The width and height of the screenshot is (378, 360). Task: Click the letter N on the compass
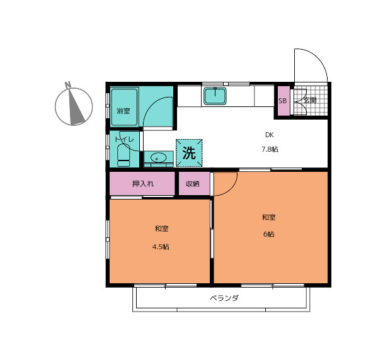tap(68, 85)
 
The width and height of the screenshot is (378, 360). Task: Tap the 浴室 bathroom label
tap(123, 111)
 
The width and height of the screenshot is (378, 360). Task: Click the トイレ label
tap(124, 139)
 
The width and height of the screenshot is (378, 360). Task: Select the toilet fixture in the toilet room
tap(123, 155)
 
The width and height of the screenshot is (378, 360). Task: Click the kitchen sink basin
tap(215, 96)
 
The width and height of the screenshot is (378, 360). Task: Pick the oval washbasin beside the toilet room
tap(158, 158)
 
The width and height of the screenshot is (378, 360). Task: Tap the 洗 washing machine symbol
tap(189, 153)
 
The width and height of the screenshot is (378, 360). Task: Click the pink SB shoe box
tap(283, 101)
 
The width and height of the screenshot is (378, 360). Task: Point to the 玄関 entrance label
tap(309, 100)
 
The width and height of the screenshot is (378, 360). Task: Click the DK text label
tap(270, 135)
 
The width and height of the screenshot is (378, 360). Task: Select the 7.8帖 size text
tap(270, 149)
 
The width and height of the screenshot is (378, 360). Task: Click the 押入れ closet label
tap(143, 184)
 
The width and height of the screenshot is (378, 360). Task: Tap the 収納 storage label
tap(193, 184)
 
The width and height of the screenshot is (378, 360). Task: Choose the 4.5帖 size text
tap(161, 247)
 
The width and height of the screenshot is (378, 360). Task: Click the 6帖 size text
tap(268, 234)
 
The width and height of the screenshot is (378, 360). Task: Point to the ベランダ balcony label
tap(224, 298)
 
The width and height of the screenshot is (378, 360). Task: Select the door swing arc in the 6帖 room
tap(231, 189)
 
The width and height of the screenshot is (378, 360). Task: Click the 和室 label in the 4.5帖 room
tap(161, 228)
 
